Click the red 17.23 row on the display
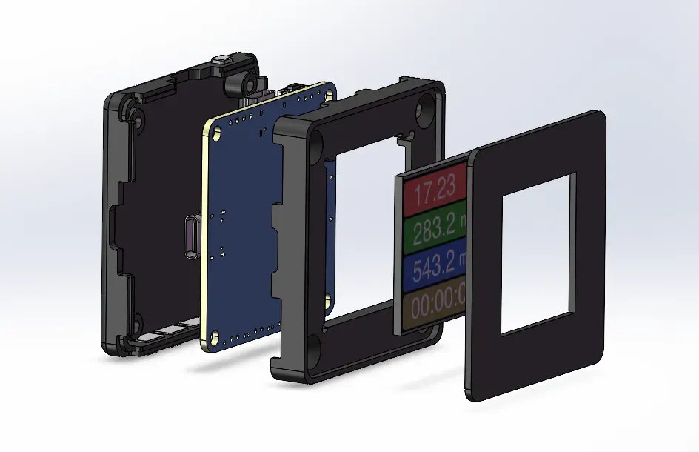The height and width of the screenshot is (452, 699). pos(434,190)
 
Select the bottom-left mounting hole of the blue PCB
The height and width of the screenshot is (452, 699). pos(214,336)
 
